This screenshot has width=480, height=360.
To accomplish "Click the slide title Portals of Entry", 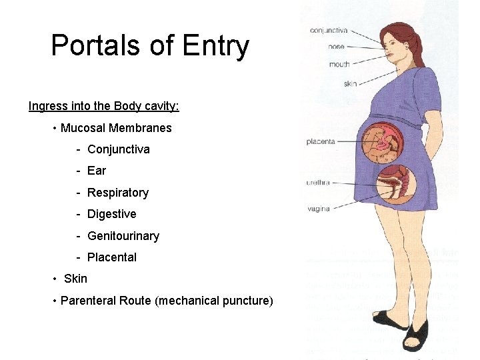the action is click(150, 46).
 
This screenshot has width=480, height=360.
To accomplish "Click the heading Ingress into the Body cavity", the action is click(103, 106).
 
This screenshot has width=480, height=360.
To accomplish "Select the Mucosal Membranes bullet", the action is click(116, 128).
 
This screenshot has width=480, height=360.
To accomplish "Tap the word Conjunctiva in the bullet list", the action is click(119, 149).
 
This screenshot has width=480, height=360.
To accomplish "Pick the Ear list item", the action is click(97, 171).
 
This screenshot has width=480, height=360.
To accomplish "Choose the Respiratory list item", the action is click(118, 193).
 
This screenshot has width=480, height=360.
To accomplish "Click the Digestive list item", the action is click(111, 214).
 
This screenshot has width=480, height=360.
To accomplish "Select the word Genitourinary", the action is click(123, 236).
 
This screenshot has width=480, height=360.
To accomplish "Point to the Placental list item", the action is click(112, 257).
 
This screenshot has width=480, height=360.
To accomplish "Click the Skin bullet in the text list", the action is click(75, 279).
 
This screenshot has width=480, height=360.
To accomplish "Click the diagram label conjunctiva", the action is click(329, 30).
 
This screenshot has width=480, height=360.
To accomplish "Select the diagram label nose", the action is click(337, 47).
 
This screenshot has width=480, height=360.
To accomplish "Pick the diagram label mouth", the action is click(339, 64).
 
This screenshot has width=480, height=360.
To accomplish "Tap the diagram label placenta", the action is click(321, 141).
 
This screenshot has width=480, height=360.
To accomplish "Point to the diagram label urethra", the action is click(318, 182).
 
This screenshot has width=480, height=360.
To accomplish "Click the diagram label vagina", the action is click(319, 209).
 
